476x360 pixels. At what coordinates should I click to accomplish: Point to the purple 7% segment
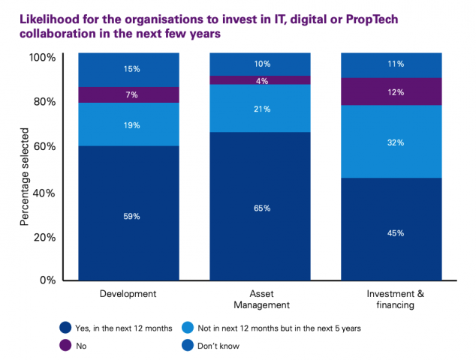click(x=131, y=94)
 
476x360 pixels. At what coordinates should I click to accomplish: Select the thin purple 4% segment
click(x=260, y=80)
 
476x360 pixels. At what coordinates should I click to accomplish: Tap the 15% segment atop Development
click(x=131, y=70)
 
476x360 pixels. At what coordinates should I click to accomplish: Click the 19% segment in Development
click(x=131, y=124)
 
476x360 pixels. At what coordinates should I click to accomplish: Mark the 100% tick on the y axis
click(x=42, y=58)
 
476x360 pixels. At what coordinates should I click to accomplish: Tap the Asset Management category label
click(x=260, y=299)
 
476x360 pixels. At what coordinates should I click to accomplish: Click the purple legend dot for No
click(x=65, y=346)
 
